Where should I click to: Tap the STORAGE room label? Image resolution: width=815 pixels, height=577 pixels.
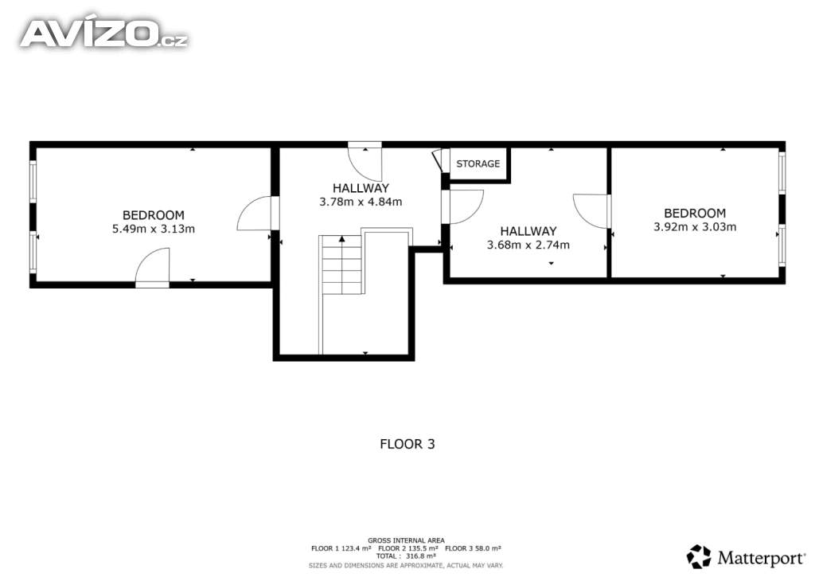click(x=478, y=164)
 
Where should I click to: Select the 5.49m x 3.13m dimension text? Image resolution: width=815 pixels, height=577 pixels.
click(x=154, y=229)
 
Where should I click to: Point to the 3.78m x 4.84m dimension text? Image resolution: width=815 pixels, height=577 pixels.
click(x=361, y=202)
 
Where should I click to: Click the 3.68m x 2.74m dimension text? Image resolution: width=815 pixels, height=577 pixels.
click(x=528, y=245)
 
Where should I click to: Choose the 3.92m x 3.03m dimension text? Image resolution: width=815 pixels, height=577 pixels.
click(x=695, y=227)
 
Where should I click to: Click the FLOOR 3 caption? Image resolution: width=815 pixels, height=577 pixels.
click(x=407, y=445)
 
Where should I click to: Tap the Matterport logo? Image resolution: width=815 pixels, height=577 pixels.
click(x=746, y=557)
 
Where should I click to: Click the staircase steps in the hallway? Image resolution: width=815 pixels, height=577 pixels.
click(x=342, y=265)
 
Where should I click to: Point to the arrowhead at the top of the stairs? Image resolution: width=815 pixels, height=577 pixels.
click(x=342, y=239)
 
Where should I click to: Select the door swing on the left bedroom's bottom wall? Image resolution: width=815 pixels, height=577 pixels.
click(x=152, y=265)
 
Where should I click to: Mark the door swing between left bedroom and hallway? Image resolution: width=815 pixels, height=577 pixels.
click(x=254, y=214)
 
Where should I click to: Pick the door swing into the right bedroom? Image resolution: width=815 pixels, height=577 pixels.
click(x=590, y=211)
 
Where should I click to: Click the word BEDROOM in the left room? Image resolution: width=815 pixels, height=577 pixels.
click(x=154, y=215)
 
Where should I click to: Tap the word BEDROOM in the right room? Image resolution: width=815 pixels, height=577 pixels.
click(x=695, y=214)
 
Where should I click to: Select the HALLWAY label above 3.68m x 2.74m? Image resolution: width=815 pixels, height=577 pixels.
click(x=528, y=232)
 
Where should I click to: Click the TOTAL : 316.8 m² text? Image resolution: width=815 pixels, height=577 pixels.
click(x=406, y=556)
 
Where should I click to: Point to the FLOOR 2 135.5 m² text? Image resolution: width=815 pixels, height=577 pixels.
click(x=408, y=548)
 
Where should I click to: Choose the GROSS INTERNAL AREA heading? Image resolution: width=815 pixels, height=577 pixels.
click(x=406, y=540)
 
